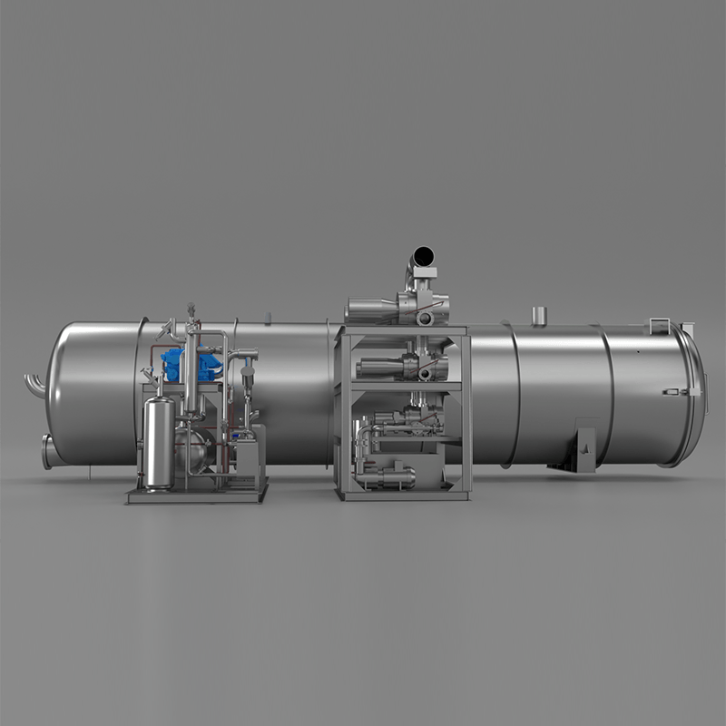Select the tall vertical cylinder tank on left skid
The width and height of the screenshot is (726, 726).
(159, 441)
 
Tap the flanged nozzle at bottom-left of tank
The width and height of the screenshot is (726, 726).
(48, 450)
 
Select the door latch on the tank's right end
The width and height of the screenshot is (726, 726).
(672, 391)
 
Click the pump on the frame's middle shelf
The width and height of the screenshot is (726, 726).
(399, 368)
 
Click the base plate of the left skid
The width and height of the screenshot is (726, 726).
(196, 495)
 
